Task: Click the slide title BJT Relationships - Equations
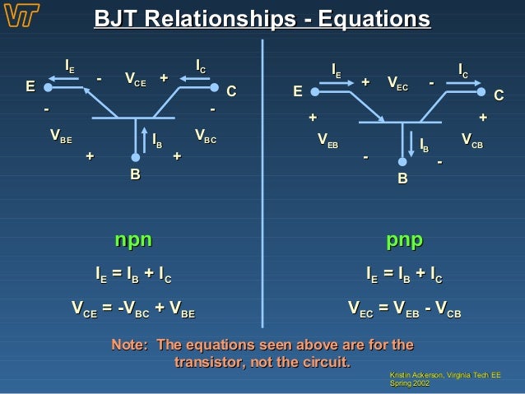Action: point(262,19)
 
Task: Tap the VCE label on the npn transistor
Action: point(136,79)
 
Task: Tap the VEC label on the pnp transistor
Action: point(399,84)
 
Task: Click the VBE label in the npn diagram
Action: point(60,135)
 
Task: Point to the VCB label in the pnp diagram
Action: point(472,139)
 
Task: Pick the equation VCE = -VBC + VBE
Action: point(133,310)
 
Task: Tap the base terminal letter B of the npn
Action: point(134,175)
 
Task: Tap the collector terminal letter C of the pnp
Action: point(497,96)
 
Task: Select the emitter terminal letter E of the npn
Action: point(30,86)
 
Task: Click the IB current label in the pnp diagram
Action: point(424,145)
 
